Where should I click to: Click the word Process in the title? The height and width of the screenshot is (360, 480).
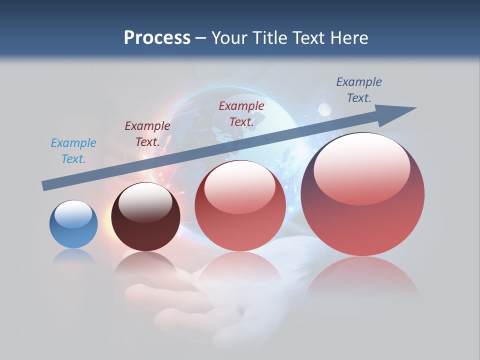pyautogui.click(x=157, y=38)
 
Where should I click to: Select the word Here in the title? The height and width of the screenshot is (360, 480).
pyautogui.click(x=349, y=38)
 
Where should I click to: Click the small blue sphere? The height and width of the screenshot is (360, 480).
pyautogui.click(x=73, y=224)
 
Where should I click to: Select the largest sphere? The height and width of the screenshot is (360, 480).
pyautogui.click(x=362, y=195)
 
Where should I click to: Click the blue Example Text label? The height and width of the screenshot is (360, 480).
pyautogui.click(x=73, y=151)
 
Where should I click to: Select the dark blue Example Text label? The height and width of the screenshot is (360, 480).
pyautogui.click(x=358, y=90)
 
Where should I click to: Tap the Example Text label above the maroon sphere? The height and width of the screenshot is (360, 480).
pyautogui.click(x=147, y=134)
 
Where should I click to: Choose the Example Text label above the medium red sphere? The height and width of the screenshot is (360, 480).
pyautogui.click(x=241, y=113)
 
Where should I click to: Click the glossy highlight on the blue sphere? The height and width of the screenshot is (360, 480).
pyautogui.click(x=73, y=214)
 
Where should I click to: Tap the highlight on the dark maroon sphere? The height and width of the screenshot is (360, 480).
pyautogui.click(x=145, y=202)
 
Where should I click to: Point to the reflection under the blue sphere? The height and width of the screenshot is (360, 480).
pyautogui.click(x=73, y=256)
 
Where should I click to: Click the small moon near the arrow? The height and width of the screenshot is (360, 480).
pyautogui.click(x=325, y=109)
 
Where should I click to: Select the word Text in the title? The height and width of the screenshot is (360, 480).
pyautogui.click(x=310, y=38)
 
